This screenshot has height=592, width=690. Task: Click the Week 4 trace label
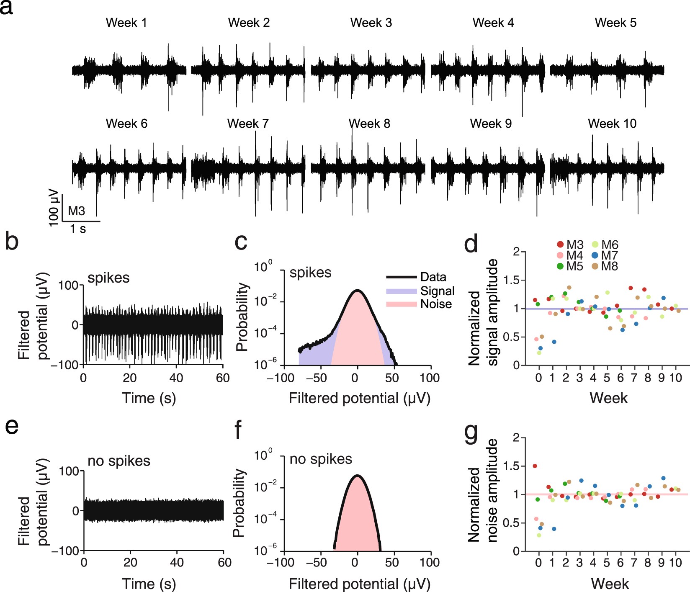point(493,23)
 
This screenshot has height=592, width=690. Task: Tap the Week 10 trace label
point(612,124)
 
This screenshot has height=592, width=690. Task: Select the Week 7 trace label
point(248,124)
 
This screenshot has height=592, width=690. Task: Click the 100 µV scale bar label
point(54,208)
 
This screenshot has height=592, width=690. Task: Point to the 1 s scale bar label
point(78,229)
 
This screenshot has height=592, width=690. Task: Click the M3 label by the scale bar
point(76,211)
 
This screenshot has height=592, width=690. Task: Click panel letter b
point(12,242)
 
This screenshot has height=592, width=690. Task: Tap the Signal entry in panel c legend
point(437,291)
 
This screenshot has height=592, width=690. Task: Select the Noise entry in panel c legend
point(436,304)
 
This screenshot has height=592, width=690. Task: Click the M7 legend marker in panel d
point(595,255)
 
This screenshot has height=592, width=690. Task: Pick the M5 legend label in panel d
point(574,266)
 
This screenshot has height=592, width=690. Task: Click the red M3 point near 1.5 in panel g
point(535,466)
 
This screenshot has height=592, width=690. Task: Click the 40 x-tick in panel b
point(176,378)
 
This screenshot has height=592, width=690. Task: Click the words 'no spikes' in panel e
point(119,461)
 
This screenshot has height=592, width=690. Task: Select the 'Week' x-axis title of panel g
point(610,584)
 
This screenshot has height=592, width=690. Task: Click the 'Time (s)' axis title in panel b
point(149,398)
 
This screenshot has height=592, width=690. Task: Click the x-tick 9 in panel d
point(662,378)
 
